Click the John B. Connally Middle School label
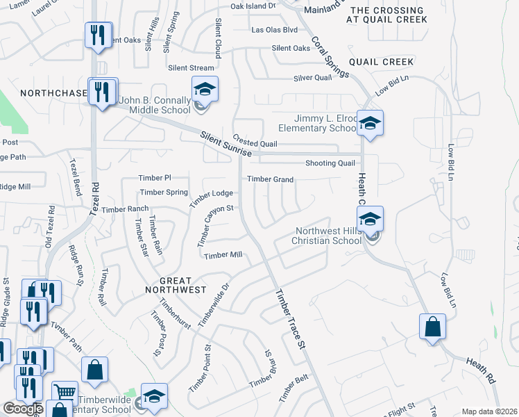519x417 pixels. pos(154,105)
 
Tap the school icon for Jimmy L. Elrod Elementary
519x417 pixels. pos(370,124)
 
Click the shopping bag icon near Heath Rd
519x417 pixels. pos(432,327)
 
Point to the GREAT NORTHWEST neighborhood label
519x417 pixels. pos(175,289)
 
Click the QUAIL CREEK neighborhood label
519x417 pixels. pos(381,62)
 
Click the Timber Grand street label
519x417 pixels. pos(271,179)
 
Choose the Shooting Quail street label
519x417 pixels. pos(330,163)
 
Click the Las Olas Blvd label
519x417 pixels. pos(274,30)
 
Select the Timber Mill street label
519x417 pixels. pos(223,255)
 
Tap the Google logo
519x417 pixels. pos(22,409)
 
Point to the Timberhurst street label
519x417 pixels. pos(174,314)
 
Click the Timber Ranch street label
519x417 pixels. pos(125,209)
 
